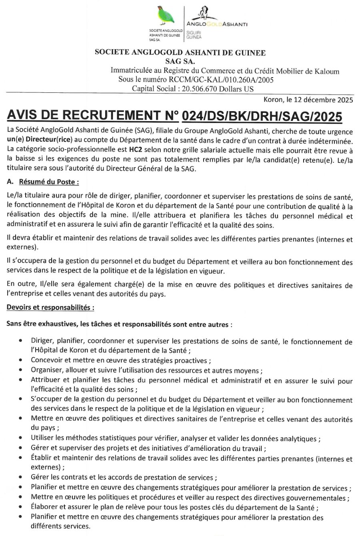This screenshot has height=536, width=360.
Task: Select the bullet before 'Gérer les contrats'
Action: point(20,477)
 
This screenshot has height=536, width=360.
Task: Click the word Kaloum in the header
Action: point(327,71)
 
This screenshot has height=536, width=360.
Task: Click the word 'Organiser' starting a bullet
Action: point(46,370)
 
